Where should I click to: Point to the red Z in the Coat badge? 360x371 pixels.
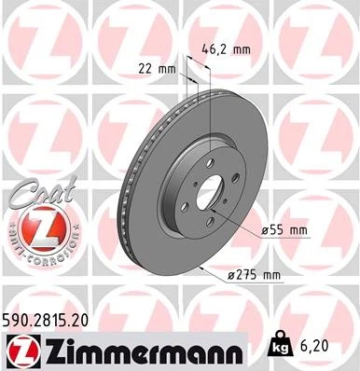tap(43, 225)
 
